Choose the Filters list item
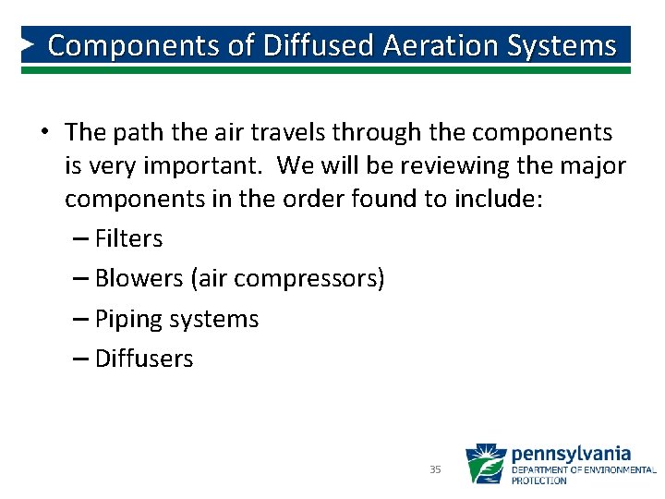(x=128, y=238)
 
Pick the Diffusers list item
(x=144, y=359)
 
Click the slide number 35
(x=435, y=469)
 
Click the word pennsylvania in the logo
(x=571, y=454)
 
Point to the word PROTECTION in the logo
(x=538, y=481)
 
